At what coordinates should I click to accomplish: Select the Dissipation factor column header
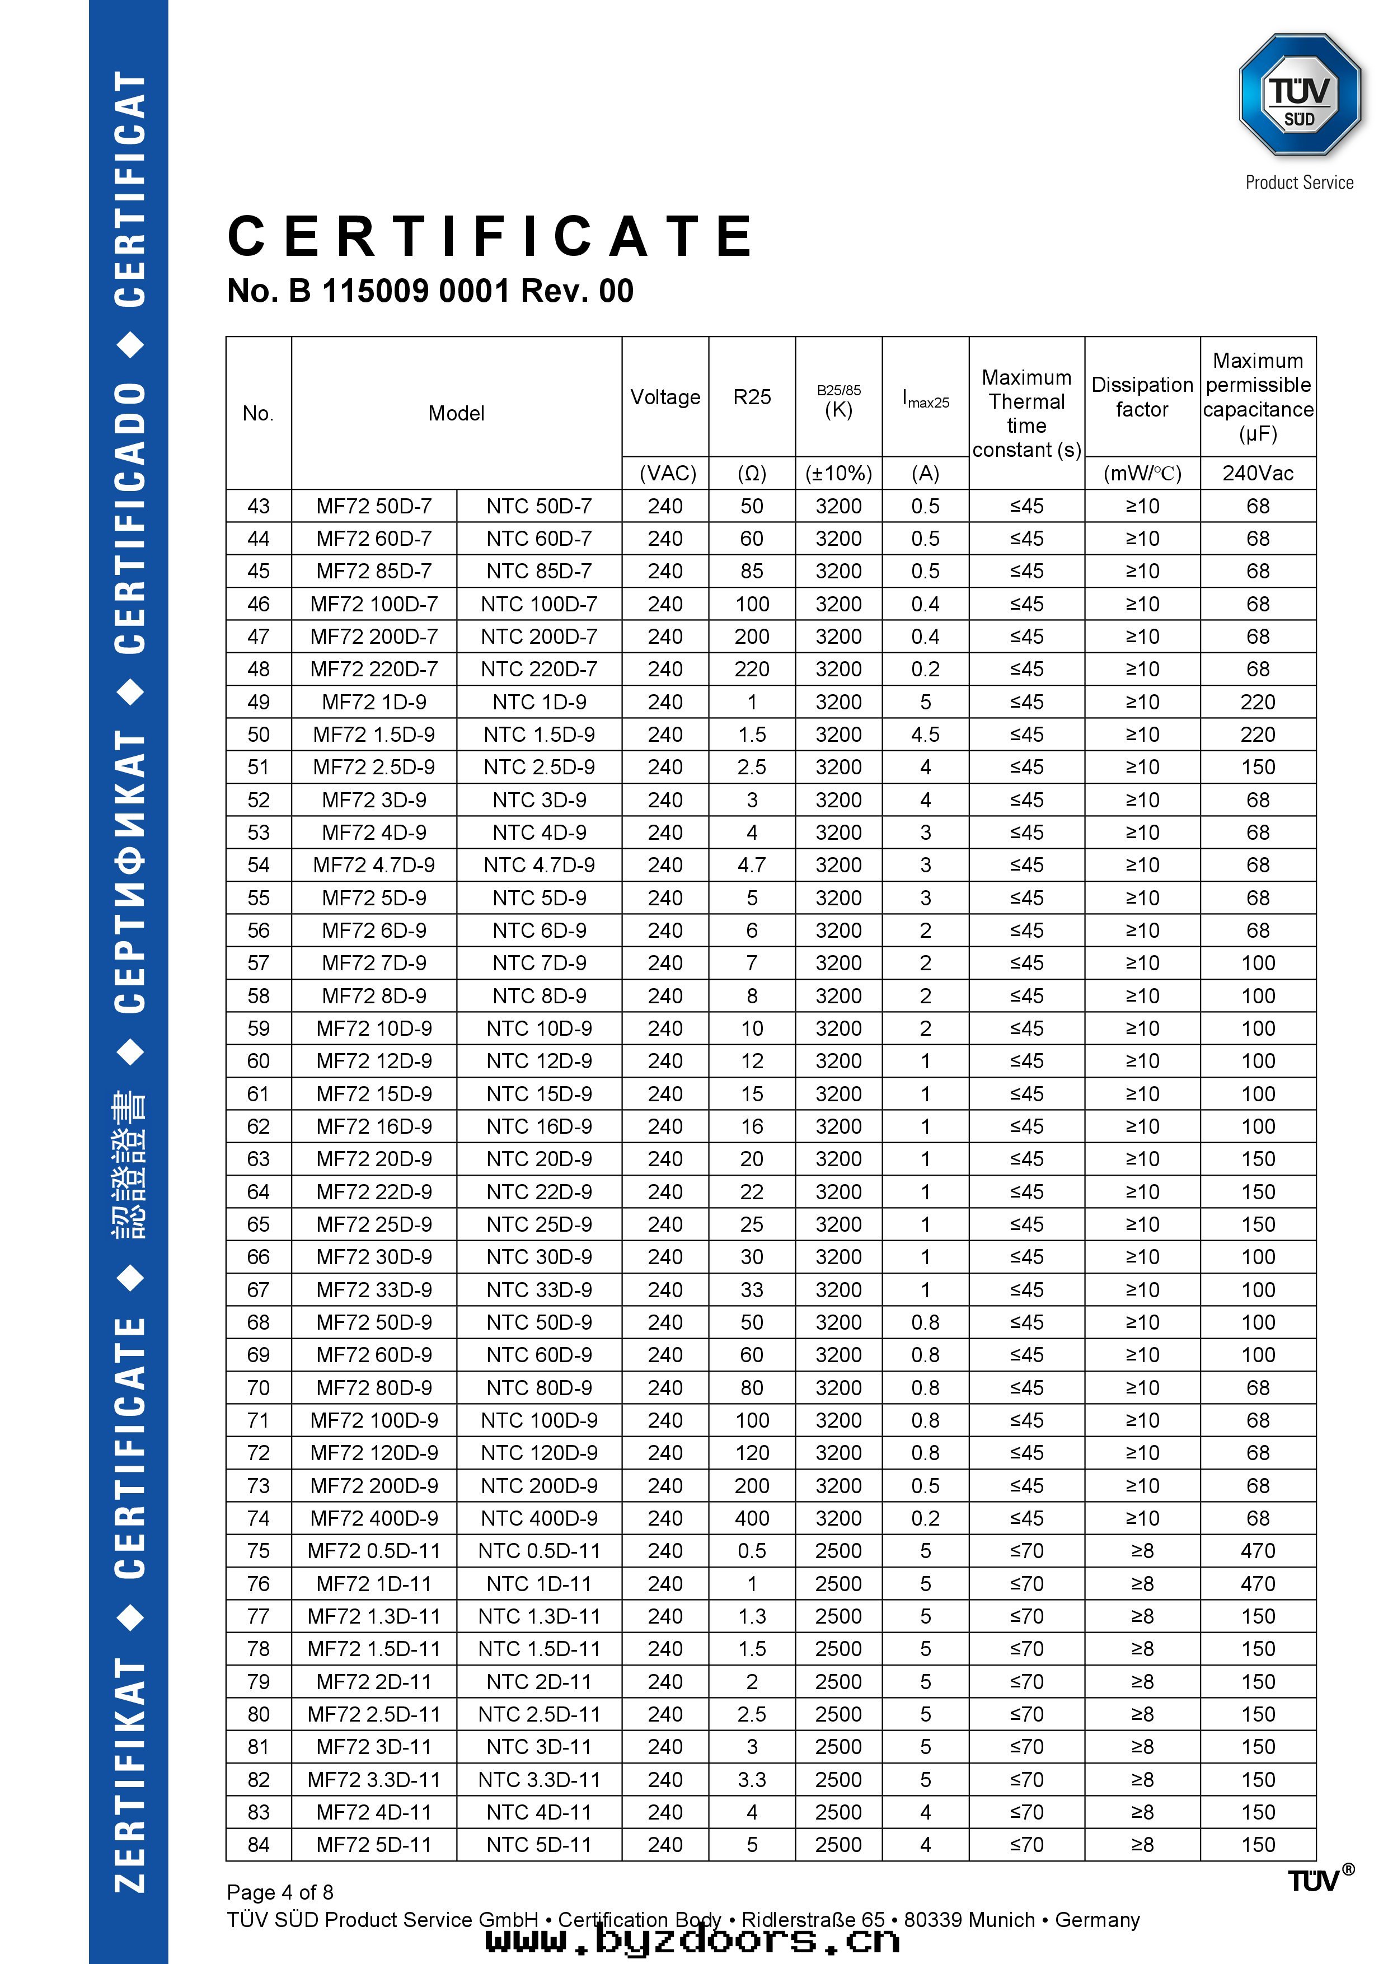point(1142,397)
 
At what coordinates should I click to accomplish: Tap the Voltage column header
point(664,397)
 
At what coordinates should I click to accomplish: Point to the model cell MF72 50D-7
point(374,507)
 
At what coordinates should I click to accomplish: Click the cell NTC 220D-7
point(539,669)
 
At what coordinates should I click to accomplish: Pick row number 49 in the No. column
point(258,702)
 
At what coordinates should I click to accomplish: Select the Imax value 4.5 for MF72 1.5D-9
point(925,735)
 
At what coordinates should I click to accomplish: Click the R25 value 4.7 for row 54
point(752,865)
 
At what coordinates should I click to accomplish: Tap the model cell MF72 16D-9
point(374,1126)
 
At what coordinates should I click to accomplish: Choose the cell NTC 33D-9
point(539,1289)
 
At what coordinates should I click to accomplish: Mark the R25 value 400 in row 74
point(752,1518)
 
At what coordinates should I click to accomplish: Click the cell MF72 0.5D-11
point(374,1551)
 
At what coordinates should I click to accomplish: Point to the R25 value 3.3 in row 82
point(752,1779)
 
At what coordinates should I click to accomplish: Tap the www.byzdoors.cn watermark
point(693,1939)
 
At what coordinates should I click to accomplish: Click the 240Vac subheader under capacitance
point(1257,473)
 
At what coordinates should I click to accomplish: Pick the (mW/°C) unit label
point(1142,473)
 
